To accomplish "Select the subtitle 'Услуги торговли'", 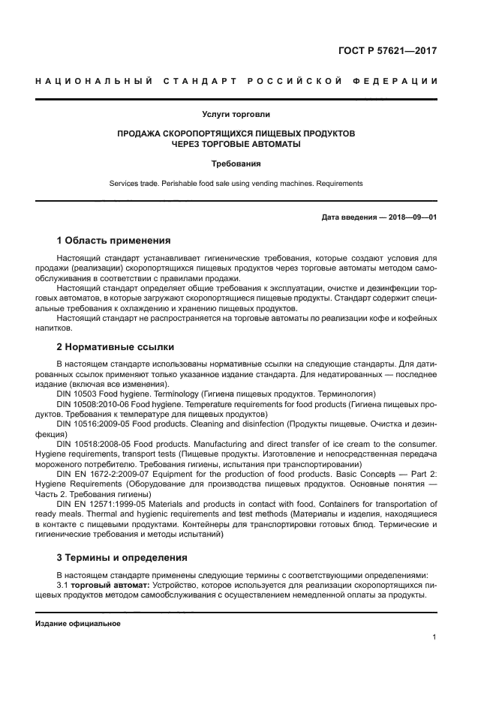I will (x=236, y=115).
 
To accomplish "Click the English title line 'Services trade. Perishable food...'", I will (x=236, y=183).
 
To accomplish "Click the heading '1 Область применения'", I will (x=113, y=241).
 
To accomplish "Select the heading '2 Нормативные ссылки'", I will (x=115, y=347).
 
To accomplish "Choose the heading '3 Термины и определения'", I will (x=122, y=558).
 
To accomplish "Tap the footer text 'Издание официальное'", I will (x=78, y=624).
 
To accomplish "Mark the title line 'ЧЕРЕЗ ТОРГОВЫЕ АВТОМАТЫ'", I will (x=236, y=143).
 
